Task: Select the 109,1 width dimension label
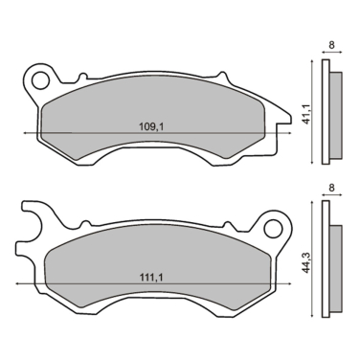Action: tap(153, 124)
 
